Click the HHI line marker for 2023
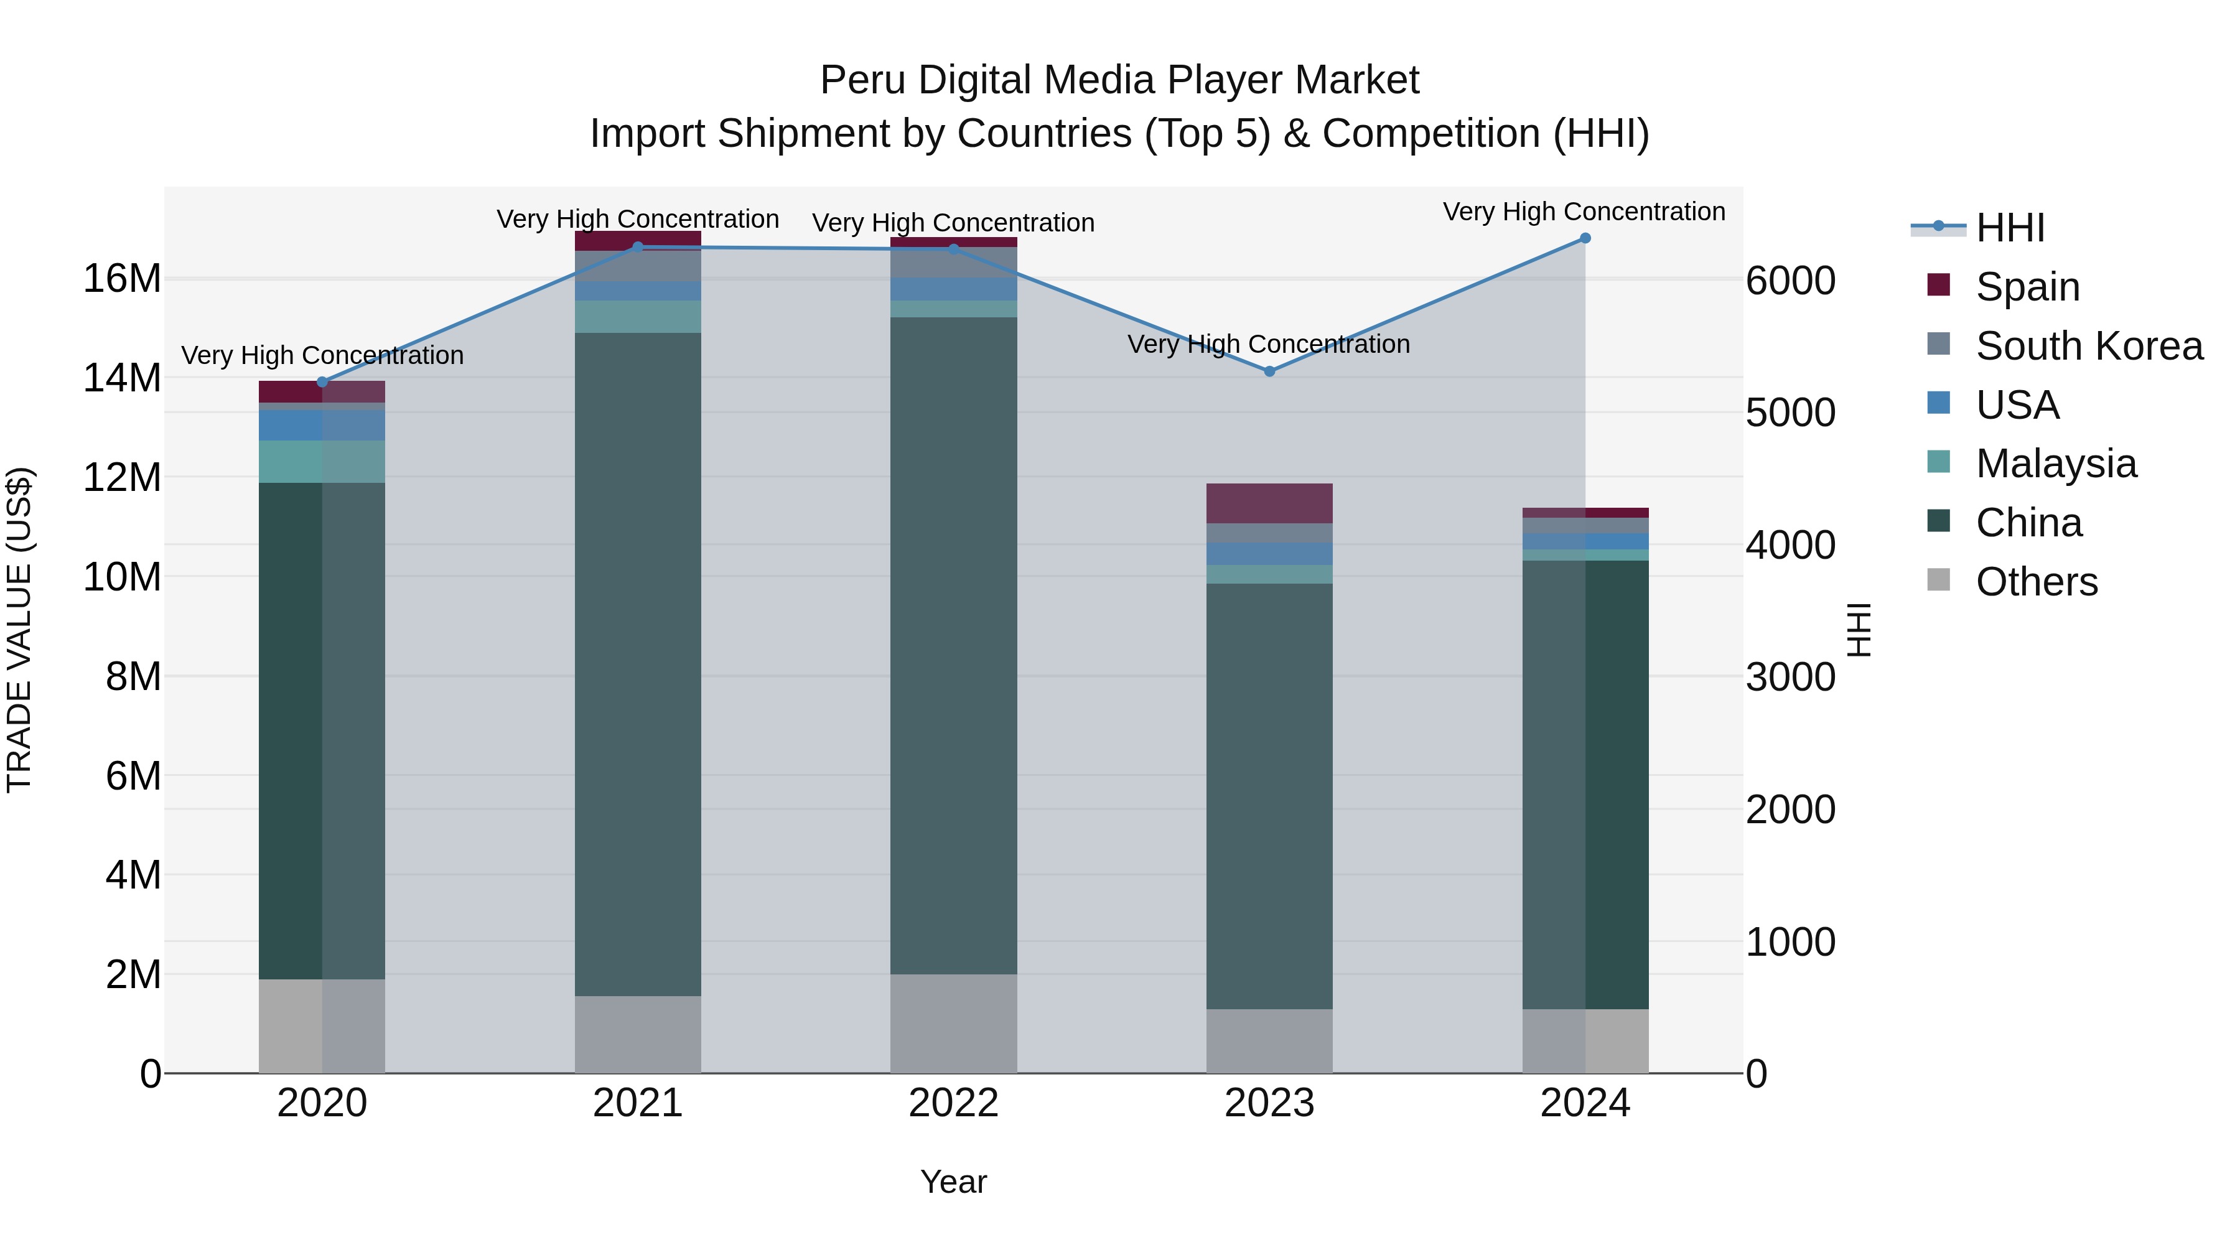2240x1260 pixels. click(1269, 371)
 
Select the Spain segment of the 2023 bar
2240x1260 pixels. click(1269, 503)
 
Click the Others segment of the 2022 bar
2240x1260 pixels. click(953, 1024)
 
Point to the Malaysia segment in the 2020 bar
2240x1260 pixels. click(322, 462)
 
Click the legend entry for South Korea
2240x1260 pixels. click(2089, 346)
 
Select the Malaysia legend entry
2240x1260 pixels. click(2056, 464)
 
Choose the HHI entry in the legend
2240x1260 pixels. click(2010, 228)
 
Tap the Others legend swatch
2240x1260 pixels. click(1938, 580)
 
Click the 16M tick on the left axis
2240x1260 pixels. click(123, 279)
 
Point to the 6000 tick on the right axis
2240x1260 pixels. click(1790, 281)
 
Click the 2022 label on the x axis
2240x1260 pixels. click(953, 1103)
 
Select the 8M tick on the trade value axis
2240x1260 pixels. click(133, 676)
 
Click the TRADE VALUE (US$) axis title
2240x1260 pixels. click(19, 630)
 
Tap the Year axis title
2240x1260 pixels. click(953, 1182)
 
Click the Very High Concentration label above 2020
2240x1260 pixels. click(322, 356)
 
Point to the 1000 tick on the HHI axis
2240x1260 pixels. click(1790, 942)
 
